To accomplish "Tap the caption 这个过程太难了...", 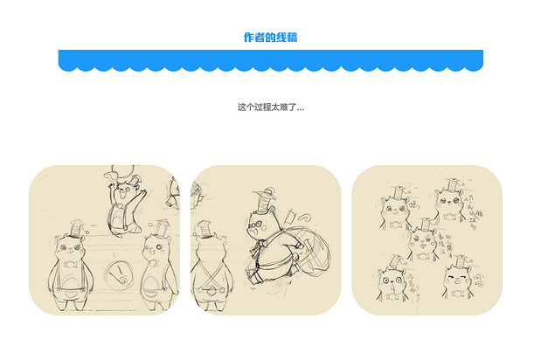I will [x=271, y=107].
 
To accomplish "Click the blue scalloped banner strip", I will [x=271, y=59].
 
